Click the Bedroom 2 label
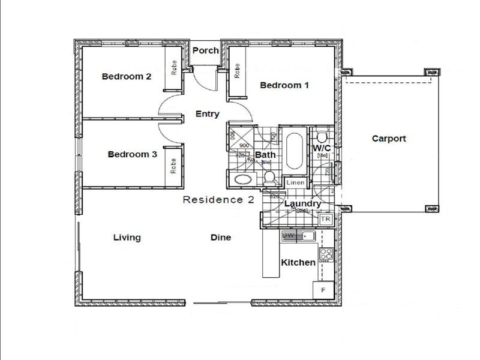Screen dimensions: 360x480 pos(126,76)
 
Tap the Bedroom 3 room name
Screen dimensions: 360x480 pos(132,154)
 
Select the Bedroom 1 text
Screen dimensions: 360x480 pos(284,85)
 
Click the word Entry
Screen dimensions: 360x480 pos(208,114)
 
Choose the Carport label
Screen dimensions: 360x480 pos(389,139)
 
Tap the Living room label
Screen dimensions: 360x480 pos(127,238)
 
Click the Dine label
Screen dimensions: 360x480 pos(221,238)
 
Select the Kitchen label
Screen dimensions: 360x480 pos(298,262)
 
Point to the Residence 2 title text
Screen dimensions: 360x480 pos(219,200)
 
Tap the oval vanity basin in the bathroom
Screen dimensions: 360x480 pos(244,179)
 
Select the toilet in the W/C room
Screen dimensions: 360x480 pos(320,134)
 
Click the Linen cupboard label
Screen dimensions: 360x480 pos(296,182)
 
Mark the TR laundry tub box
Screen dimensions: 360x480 pos(326,220)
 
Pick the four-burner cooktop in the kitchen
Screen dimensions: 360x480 pos(326,255)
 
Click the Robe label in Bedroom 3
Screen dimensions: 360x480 pos(173,165)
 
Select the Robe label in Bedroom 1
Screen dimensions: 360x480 pos(237,71)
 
